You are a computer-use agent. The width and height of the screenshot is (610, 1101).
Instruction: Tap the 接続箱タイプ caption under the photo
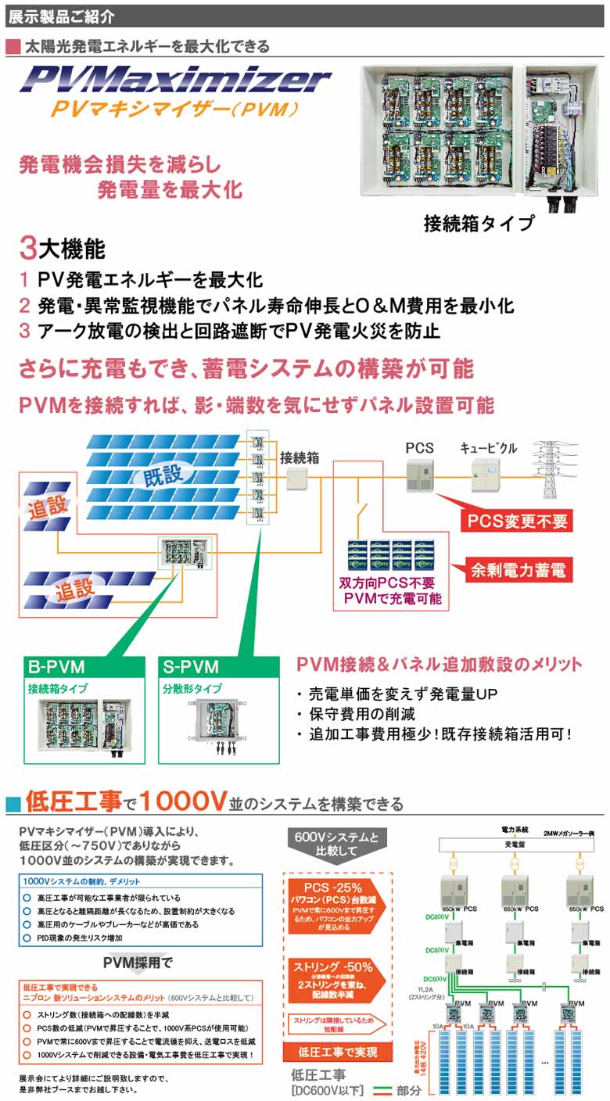click(479, 223)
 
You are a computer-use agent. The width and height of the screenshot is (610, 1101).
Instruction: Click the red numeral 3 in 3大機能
click(28, 249)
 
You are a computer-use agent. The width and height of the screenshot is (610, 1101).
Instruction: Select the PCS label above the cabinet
click(419, 449)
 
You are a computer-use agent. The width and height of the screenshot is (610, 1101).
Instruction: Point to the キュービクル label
click(488, 449)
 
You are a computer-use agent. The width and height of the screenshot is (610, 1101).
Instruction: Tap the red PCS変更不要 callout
click(517, 520)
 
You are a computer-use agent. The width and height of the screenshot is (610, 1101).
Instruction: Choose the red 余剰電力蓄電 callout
click(517, 570)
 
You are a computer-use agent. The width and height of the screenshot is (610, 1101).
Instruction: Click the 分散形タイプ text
click(192, 689)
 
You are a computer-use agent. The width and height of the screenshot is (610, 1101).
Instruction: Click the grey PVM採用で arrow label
click(138, 962)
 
